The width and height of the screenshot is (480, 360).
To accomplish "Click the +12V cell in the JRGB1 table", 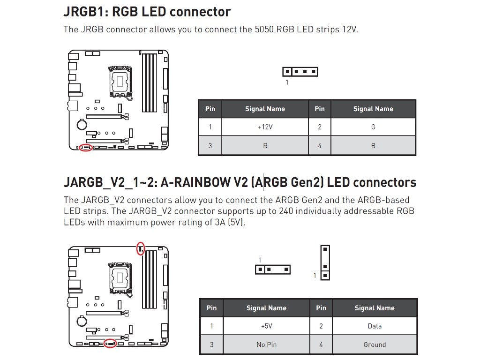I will [265, 127].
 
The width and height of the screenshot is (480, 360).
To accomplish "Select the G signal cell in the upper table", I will [373, 127].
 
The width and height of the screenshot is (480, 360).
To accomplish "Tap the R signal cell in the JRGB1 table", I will [265, 146].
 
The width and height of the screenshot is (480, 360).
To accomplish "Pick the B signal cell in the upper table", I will [373, 146].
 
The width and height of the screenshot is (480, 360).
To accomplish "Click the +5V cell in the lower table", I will [266, 326].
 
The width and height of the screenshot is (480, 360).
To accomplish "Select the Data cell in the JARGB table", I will [375, 326].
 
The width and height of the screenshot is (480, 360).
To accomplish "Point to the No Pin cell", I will [266, 345].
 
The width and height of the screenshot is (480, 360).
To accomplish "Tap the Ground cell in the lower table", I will [375, 345].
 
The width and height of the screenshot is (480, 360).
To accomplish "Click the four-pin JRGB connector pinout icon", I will [300, 72].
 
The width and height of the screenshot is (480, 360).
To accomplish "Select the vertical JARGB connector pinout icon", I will [325, 262].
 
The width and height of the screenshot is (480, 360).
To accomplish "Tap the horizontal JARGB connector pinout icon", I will [273, 270].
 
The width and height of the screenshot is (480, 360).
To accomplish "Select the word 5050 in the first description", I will [265, 30].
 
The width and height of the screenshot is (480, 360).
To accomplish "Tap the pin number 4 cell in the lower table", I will [321, 345].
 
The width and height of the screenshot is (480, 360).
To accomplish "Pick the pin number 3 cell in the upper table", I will [210, 146].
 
